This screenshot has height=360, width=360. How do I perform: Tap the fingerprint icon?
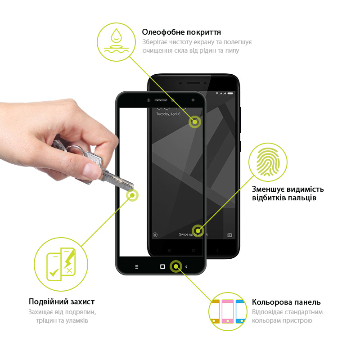[268, 162]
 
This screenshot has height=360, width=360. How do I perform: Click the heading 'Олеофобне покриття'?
[181, 32]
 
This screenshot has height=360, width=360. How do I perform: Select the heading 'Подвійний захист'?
[62, 301]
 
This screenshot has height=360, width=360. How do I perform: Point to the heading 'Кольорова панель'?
[286, 302]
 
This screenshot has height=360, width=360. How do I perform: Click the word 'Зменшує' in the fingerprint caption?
[268, 189]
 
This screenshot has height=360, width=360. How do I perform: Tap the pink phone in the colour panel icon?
[228, 311]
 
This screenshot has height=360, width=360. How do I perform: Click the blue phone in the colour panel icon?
[240, 311]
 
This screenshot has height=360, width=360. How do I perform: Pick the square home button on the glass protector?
[162, 266]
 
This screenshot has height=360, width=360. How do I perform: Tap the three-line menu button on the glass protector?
[137, 267]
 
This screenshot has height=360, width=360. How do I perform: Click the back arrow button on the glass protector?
[186, 267]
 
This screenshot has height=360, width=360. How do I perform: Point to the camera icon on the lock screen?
[229, 234]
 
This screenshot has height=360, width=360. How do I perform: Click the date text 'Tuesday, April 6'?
[168, 114]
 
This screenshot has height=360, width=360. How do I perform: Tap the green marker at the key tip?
[132, 195]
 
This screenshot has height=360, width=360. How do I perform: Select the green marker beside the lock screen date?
[195, 122]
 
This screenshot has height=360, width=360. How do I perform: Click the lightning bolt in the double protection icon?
[69, 260]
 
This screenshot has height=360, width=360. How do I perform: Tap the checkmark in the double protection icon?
[54, 273]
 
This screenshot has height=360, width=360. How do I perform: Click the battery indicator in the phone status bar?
[230, 94]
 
